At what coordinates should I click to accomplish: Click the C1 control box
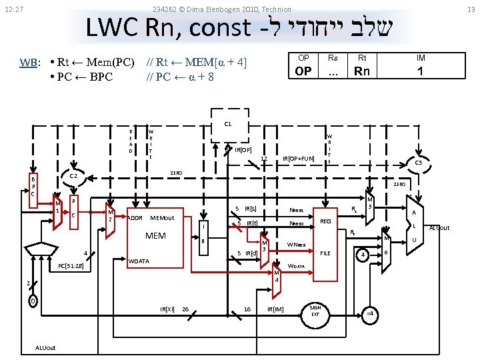pos(227,124)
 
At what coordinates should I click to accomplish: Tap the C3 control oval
pos(419,163)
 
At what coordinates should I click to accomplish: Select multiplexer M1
pos(57,210)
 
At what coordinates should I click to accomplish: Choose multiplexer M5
pos(371,203)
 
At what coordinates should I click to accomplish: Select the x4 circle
pos(369,313)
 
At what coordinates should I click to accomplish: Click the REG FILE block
pos(325,237)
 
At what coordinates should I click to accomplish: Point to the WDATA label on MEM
pos(139,261)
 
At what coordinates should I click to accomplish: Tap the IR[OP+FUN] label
pos(298,158)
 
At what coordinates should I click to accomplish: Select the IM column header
pos(420,58)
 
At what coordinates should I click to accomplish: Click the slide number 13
pos(471,9)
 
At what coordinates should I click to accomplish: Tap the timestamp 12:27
pos(14,9)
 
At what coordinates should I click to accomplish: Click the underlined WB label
pos(29,63)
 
